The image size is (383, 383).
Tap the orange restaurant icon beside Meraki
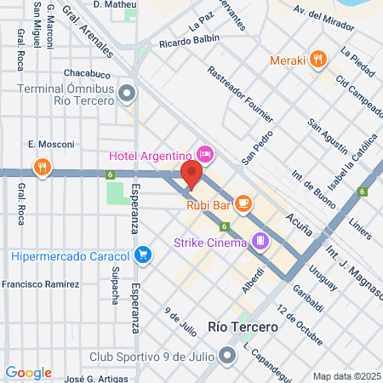tap(318, 60)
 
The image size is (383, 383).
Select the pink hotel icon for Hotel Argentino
tap(205, 154)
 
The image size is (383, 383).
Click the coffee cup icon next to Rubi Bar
tap(243, 203)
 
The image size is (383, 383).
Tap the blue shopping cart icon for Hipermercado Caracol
tap(143, 254)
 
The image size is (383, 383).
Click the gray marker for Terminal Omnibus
tap(128, 92)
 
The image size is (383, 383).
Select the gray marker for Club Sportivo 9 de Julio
tap(227, 356)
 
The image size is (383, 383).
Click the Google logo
tap(28, 373)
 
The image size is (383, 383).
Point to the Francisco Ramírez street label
tap(42, 283)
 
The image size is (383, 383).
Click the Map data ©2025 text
tap(346, 375)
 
